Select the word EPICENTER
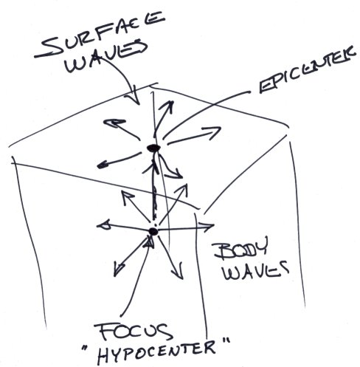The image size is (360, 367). [308, 71]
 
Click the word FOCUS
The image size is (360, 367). [133, 332]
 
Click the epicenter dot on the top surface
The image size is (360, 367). [153, 148]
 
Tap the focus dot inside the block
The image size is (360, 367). [153, 231]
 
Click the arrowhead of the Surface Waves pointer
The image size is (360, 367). [134, 97]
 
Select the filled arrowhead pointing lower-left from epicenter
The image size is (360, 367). [102, 166]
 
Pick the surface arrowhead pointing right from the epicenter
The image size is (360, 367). [212, 131]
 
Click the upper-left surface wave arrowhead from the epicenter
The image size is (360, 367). [114, 123]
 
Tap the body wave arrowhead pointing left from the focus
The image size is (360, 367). [104, 225]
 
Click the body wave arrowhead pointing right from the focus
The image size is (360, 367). [207, 226]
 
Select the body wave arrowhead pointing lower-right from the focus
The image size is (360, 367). [179, 271]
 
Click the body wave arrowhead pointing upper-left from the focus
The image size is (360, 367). [127, 197]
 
